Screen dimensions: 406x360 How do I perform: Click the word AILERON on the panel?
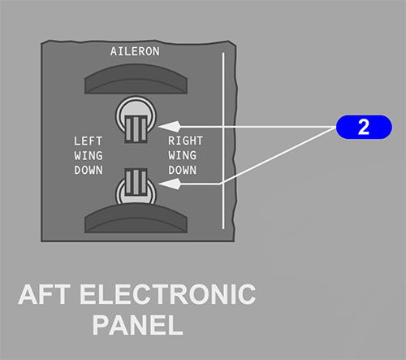pos(135,51)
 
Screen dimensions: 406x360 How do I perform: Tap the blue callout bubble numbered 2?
pos(364,127)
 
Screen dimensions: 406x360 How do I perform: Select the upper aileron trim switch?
pos(136,119)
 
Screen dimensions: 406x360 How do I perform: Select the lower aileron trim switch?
pos(136,186)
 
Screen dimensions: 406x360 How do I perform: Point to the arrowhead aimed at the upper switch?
pos(169,127)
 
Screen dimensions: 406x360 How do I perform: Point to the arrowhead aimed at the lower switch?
pos(169,184)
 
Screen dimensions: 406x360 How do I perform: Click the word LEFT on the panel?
pos(89,141)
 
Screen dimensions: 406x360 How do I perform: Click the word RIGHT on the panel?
pos(185,141)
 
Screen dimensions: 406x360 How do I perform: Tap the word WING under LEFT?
pos(89,156)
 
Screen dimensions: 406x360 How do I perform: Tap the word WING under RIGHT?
pos(183,155)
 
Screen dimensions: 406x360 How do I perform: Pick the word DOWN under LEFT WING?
pos(89,171)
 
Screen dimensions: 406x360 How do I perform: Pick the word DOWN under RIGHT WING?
pos(183,170)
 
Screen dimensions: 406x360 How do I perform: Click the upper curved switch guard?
pos(136,80)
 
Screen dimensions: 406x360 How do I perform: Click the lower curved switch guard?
pos(136,219)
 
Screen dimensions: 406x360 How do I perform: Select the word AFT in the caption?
pos(45,294)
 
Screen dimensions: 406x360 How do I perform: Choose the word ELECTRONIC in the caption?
pos(168,294)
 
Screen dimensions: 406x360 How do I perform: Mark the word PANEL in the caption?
pos(138,325)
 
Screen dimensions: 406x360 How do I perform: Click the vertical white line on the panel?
pos(223,141)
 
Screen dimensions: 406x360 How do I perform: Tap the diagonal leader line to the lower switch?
pos(278,155)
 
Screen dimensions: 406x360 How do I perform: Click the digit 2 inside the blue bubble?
pos(364,127)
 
